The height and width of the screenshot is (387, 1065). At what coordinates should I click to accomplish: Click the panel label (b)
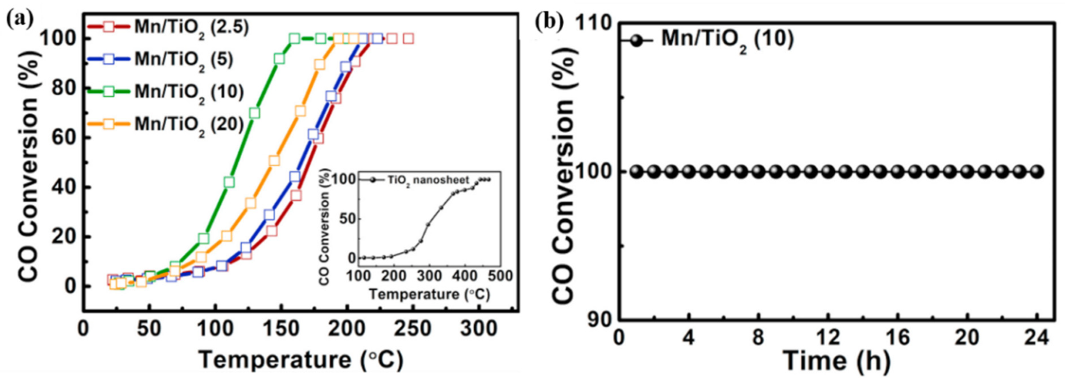point(549,23)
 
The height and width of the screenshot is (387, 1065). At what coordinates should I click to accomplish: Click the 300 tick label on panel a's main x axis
point(479,329)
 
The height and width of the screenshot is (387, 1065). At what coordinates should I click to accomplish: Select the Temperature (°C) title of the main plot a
point(301,360)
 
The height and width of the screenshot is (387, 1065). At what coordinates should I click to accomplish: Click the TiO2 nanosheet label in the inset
point(428,180)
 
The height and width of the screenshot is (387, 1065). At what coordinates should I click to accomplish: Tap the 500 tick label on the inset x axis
point(500,276)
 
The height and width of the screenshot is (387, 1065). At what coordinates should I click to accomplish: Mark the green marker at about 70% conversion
point(255,113)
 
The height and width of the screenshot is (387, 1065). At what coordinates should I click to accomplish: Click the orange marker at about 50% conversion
point(274,161)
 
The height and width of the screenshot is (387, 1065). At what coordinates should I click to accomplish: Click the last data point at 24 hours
point(1037,172)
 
